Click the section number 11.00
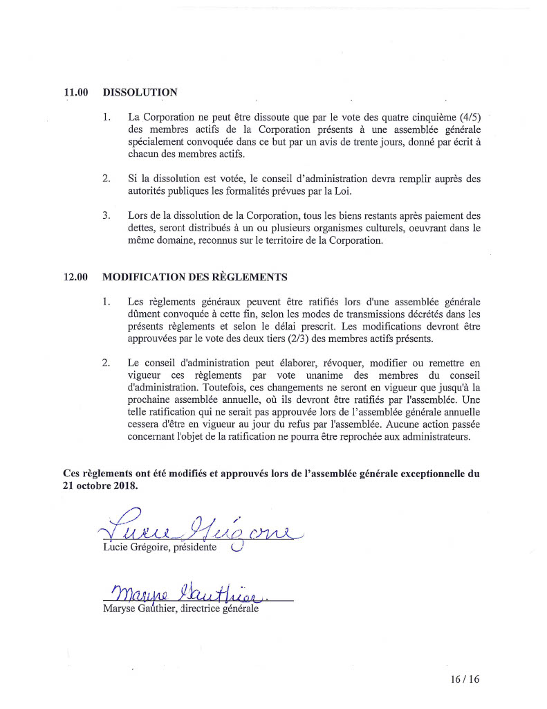(75, 92)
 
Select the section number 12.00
(75, 277)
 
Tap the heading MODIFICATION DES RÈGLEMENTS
(194, 277)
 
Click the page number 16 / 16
(464, 679)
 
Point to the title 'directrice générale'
(219, 609)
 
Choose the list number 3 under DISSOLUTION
(106, 216)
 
